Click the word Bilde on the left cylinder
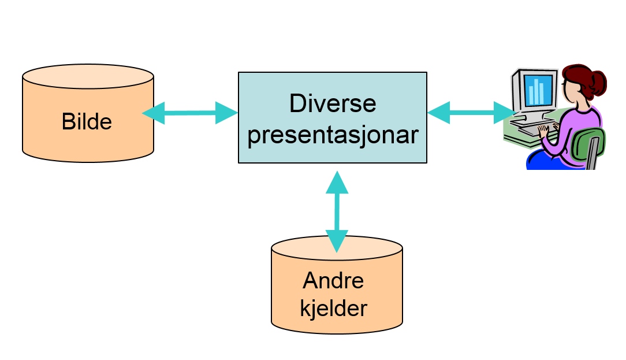click(x=87, y=121)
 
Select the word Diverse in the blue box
click(x=333, y=104)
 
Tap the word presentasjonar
click(x=333, y=135)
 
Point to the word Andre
click(x=333, y=281)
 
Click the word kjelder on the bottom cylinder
click(x=333, y=308)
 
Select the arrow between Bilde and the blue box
click(x=190, y=113)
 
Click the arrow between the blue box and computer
click(x=471, y=112)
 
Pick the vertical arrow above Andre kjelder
click(x=337, y=211)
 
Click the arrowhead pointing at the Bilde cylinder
click(x=152, y=113)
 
